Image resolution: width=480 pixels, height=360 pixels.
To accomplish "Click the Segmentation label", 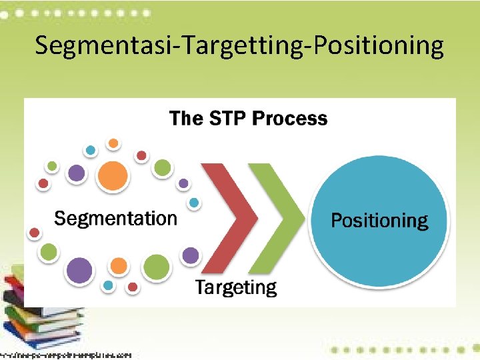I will pos(115,218).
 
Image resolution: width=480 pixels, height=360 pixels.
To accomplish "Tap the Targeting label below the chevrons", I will pos(235,288).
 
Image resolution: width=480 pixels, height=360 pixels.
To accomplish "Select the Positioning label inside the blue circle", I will pos(379,221).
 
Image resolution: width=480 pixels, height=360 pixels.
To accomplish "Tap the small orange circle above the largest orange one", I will pos(114,143).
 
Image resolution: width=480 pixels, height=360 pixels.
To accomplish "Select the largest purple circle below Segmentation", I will pos(80,271).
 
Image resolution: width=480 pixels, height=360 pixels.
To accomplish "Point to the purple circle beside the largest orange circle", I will pos(77,173).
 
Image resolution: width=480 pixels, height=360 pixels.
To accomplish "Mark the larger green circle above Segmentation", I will pos(162,168).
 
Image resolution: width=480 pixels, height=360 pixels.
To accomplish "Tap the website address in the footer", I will pos(67,355).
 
